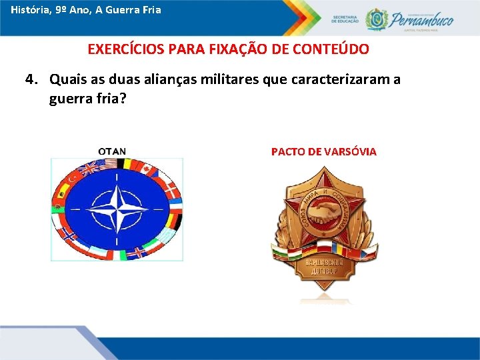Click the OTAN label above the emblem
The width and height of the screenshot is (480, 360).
(x=112, y=151)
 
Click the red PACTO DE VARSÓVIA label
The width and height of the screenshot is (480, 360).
(x=323, y=151)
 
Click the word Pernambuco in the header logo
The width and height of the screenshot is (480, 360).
(x=422, y=19)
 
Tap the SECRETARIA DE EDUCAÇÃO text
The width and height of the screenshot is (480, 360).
(x=345, y=19)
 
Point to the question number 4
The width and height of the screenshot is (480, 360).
(x=29, y=80)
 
